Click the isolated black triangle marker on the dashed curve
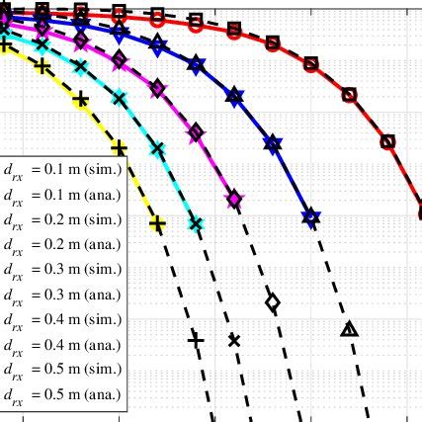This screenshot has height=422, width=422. pos(348,329)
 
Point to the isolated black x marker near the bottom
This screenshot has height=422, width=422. pos(234,340)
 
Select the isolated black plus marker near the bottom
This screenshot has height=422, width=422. pos(196,340)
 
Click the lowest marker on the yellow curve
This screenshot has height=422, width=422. pos(157,225)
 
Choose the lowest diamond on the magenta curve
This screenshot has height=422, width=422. pos(234,200)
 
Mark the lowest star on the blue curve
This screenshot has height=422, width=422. pos(310,216)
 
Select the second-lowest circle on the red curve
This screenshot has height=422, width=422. pos(386,140)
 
